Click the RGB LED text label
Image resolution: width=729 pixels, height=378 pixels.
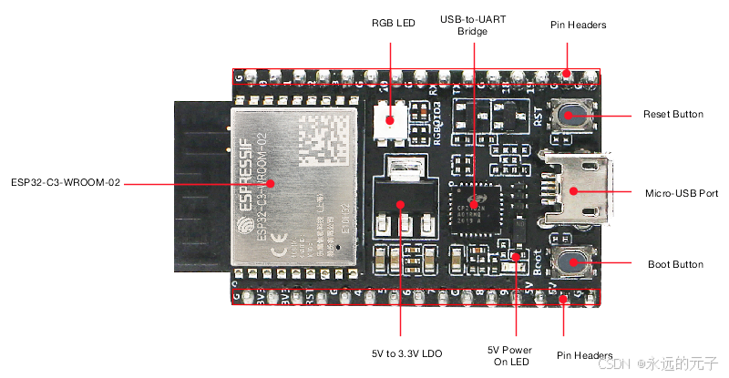393,24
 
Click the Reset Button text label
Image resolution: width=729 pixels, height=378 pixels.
673,115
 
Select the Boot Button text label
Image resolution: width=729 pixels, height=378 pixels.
674,264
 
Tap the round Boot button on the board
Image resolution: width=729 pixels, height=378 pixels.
575,263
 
